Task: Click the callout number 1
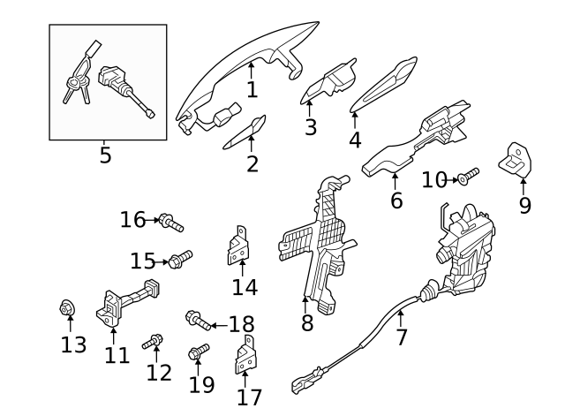(x=252, y=89)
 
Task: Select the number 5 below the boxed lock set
(x=105, y=156)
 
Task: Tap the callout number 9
(x=524, y=206)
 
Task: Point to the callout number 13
(x=74, y=344)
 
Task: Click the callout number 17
(x=250, y=397)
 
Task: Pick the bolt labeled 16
(x=169, y=223)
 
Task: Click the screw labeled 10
(x=467, y=177)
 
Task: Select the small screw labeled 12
(x=155, y=340)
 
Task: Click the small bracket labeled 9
(x=518, y=158)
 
